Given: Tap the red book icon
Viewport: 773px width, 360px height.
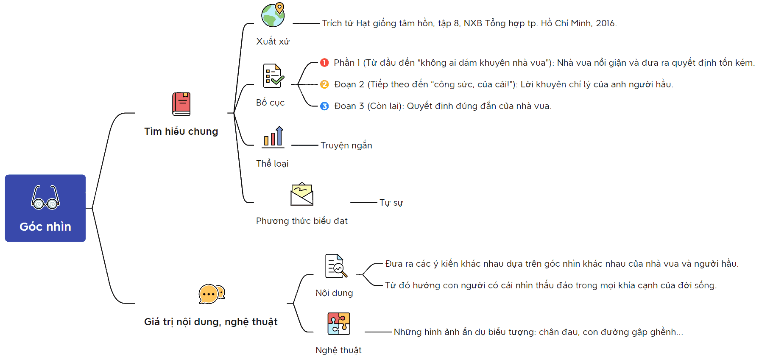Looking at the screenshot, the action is click(181, 104).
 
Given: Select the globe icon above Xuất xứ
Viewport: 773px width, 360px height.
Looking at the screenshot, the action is click(273, 15).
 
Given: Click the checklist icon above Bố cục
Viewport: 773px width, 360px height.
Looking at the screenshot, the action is click(273, 75).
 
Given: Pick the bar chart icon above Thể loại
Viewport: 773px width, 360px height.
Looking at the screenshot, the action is click(273, 137).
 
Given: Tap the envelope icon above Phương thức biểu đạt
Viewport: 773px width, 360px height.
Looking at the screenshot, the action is click(302, 194).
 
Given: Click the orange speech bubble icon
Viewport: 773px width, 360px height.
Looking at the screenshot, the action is click(212, 294).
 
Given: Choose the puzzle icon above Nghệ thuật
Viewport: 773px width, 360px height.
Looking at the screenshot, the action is click(339, 324).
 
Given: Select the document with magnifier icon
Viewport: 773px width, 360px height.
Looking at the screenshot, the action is click(336, 266).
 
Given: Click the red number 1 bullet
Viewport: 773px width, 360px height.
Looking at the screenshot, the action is click(324, 63).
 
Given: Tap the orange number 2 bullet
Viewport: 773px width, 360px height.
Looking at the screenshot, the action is click(324, 84).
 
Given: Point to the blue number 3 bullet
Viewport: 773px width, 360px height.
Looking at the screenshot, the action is click(324, 106).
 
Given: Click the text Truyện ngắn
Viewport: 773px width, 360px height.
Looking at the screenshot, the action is click(346, 145).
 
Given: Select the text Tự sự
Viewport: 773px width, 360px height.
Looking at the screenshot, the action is click(391, 203).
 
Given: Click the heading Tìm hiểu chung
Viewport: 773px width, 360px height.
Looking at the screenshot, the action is click(181, 131).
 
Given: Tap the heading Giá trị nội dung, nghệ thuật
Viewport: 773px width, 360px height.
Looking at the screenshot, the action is click(211, 322).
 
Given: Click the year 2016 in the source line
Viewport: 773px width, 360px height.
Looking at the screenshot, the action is click(606, 23).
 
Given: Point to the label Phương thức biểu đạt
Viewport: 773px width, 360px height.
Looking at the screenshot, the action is click(302, 221).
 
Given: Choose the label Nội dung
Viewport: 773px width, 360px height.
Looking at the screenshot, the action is click(334, 293).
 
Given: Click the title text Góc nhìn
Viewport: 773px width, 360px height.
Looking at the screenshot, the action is click(45, 226).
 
